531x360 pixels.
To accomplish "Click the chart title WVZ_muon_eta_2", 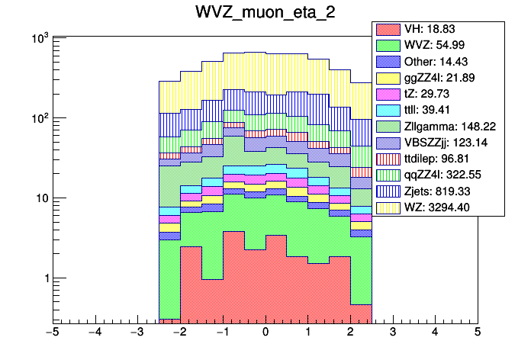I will click(x=265, y=14).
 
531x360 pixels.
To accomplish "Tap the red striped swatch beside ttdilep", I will click(x=386, y=158).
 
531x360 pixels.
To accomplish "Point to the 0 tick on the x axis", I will click(x=265, y=332).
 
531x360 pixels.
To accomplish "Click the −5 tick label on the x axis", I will click(x=52, y=332).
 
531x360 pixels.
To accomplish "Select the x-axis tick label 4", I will click(x=435, y=332).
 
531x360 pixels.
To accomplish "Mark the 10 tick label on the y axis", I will click(x=40, y=198).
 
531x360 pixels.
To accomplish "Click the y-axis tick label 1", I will click(x=44, y=278).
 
